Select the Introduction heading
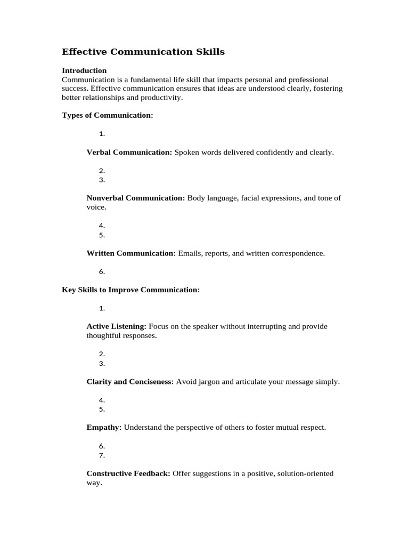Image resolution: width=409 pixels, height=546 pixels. click(x=84, y=70)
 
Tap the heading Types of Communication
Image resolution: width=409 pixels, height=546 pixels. click(x=108, y=115)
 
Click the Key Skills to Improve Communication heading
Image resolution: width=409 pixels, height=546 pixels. click(x=131, y=290)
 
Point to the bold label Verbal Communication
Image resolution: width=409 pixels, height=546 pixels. click(x=129, y=152)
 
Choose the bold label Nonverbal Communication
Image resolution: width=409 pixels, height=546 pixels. click(x=136, y=198)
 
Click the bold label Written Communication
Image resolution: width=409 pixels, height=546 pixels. click(x=131, y=253)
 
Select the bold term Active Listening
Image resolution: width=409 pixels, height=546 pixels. click(x=116, y=326)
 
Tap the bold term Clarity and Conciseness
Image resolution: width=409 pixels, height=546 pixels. click(x=130, y=382)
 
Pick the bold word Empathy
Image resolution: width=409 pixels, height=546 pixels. click(x=104, y=428)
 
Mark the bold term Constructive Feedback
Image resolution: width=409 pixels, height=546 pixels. click(x=128, y=473)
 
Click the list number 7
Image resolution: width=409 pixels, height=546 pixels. click(x=102, y=455)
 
